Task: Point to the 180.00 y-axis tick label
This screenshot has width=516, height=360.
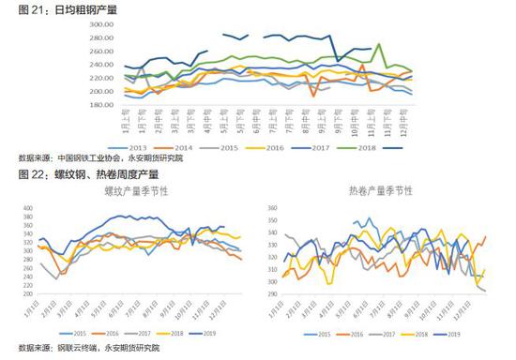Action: (101, 104)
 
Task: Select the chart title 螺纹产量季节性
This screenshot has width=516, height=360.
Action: (132, 190)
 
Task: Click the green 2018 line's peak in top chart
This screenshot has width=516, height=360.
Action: (378, 44)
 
